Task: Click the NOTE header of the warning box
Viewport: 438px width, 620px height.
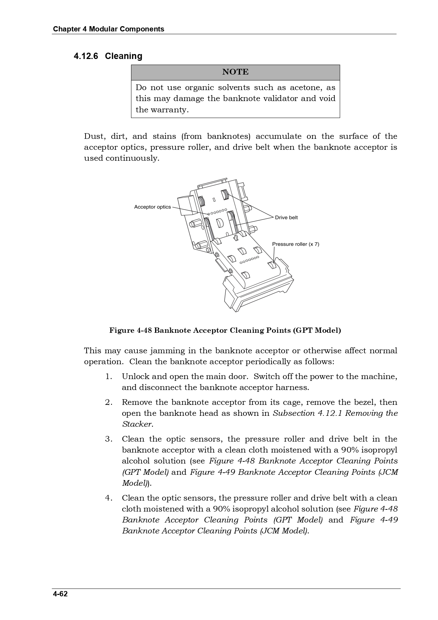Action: [x=235, y=72]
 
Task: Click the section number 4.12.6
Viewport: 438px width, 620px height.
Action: [x=86, y=56]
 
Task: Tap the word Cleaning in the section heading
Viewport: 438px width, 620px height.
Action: [x=124, y=56]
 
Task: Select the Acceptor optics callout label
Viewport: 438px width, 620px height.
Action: [x=152, y=207]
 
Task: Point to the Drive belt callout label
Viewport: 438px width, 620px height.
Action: [x=286, y=218]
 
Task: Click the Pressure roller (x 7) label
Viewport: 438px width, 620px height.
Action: [x=296, y=244]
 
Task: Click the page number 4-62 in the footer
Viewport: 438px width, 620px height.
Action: [x=60, y=594]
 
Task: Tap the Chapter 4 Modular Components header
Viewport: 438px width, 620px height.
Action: [x=108, y=29]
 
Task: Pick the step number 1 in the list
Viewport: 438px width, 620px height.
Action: [x=108, y=377]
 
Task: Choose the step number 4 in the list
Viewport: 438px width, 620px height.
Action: [x=108, y=498]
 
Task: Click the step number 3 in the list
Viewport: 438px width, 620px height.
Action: [x=108, y=439]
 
